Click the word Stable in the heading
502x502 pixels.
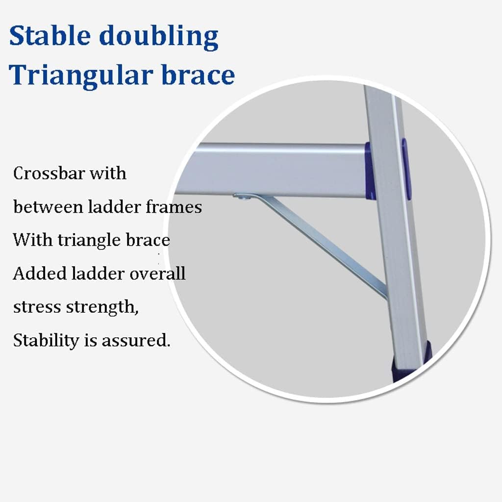50,35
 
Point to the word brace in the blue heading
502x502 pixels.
198,75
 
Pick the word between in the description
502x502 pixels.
48,206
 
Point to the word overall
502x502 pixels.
157,273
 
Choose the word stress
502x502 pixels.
37,307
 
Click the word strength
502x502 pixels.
102,307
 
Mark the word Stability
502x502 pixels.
46,340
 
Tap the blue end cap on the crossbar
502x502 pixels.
370,171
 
